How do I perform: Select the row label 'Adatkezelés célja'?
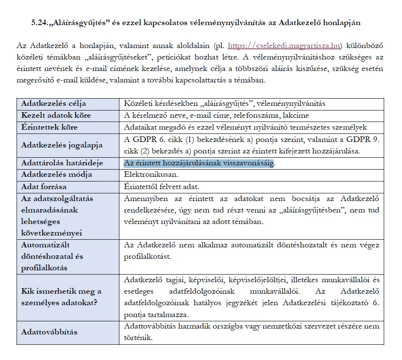[x=53, y=104]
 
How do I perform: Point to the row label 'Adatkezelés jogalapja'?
[x=62, y=145]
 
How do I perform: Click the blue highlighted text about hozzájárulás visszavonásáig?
[x=198, y=163]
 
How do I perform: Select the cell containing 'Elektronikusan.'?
[x=145, y=175]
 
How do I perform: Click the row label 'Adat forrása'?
[x=44, y=187]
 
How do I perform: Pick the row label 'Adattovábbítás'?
[x=49, y=332]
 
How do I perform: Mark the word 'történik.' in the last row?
[x=138, y=338]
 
